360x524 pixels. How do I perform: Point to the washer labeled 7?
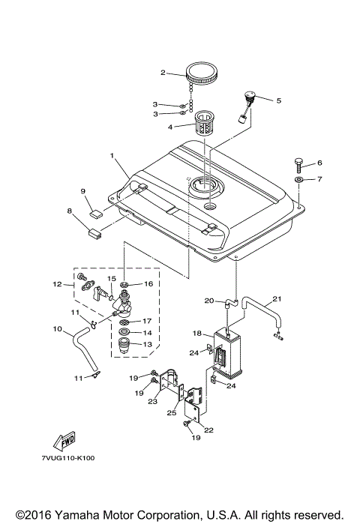(299, 181)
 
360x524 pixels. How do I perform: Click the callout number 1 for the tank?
(112, 157)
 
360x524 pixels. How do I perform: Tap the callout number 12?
(56, 284)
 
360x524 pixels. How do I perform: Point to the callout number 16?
(148, 284)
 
